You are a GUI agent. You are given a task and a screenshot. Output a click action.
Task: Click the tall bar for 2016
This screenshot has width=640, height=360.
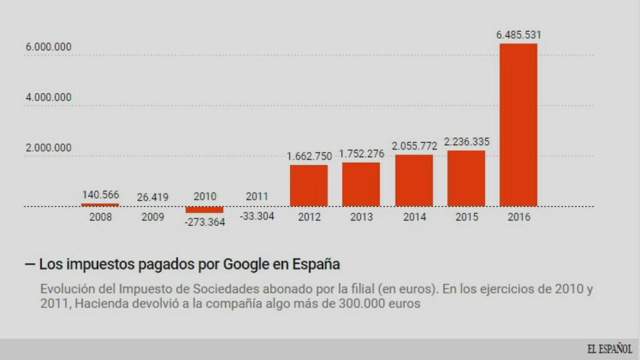point(518,125)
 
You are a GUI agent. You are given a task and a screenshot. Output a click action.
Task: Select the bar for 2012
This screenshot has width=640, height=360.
point(309,186)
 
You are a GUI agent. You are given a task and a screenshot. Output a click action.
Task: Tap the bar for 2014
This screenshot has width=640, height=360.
point(414,180)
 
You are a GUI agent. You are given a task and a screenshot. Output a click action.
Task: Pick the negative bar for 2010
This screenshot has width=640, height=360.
point(204,209)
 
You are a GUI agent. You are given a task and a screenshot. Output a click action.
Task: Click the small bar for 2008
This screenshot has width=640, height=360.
point(100,204)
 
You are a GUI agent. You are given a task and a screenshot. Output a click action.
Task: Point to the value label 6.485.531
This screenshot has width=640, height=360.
point(518,35)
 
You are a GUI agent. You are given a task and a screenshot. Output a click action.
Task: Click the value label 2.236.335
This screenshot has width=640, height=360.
point(466,142)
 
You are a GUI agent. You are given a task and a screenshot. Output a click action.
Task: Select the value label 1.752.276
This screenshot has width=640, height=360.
point(361,154)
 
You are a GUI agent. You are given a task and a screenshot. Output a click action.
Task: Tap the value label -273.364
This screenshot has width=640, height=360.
point(204,222)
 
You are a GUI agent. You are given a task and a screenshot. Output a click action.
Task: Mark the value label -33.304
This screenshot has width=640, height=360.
point(257,216)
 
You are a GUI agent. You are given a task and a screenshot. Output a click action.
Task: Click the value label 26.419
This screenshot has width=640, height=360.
point(152,197)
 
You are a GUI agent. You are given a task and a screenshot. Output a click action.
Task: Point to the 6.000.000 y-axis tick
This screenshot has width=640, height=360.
point(48,47)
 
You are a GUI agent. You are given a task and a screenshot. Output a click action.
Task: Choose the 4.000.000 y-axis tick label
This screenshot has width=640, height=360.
point(48,97)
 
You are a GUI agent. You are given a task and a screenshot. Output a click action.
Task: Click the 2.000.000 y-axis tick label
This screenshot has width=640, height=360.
point(48,148)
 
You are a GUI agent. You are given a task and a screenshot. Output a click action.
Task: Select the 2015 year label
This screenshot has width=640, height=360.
point(466,217)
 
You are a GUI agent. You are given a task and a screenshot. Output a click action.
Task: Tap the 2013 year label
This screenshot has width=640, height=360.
point(361,217)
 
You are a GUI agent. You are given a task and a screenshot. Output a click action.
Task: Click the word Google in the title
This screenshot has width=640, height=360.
point(246,264)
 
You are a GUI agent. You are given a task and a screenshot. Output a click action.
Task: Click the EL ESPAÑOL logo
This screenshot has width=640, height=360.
point(609,349)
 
